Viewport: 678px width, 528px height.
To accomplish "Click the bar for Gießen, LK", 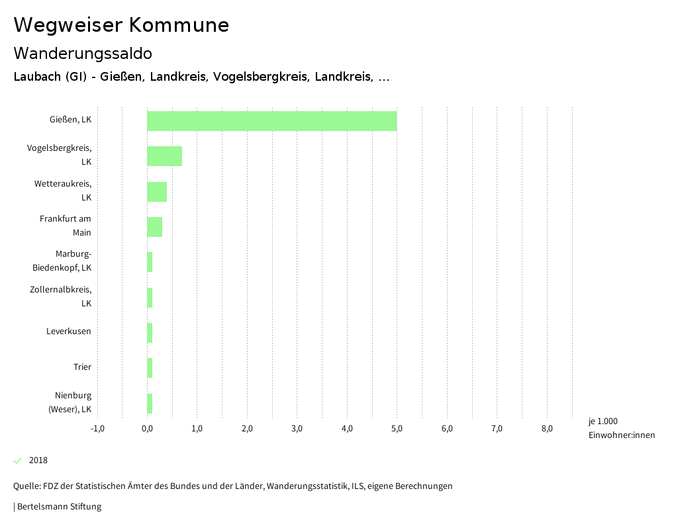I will pyautogui.click(x=271, y=121).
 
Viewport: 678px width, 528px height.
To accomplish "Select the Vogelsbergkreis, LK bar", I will pyautogui.click(x=164, y=156).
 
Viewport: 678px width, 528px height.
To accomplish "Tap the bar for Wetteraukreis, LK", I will pyautogui.click(x=157, y=192).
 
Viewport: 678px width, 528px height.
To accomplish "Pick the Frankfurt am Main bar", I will pyautogui.click(x=155, y=227).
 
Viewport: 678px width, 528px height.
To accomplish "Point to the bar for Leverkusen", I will pyautogui.click(x=150, y=333).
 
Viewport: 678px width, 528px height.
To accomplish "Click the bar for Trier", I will pyautogui.click(x=150, y=368).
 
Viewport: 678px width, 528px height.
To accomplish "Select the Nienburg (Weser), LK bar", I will pyautogui.click(x=150, y=404).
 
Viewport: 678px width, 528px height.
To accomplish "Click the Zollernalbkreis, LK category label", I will pyautogui.click(x=61, y=296).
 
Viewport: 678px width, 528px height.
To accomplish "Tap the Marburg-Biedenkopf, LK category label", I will pyautogui.click(x=62, y=261).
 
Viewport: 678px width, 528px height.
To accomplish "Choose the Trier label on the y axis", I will pyautogui.click(x=82, y=367).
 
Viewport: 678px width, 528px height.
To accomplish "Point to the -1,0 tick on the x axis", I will pyautogui.click(x=97, y=428).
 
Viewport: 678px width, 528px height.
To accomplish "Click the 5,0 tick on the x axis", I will pyautogui.click(x=397, y=428).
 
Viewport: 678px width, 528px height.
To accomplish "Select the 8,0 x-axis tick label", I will pyautogui.click(x=547, y=428).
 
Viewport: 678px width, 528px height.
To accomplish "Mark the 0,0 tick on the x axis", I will pyautogui.click(x=147, y=428).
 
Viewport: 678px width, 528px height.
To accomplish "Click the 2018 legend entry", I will pyautogui.click(x=38, y=461).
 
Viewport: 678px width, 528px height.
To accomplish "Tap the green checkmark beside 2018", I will pyautogui.click(x=18, y=461).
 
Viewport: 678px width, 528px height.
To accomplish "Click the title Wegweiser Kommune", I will pyautogui.click(x=121, y=25).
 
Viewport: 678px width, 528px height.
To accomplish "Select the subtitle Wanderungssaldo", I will pyautogui.click(x=83, y=53).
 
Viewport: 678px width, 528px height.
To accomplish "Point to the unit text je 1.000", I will pyautogui.click(x=603, y=421).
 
